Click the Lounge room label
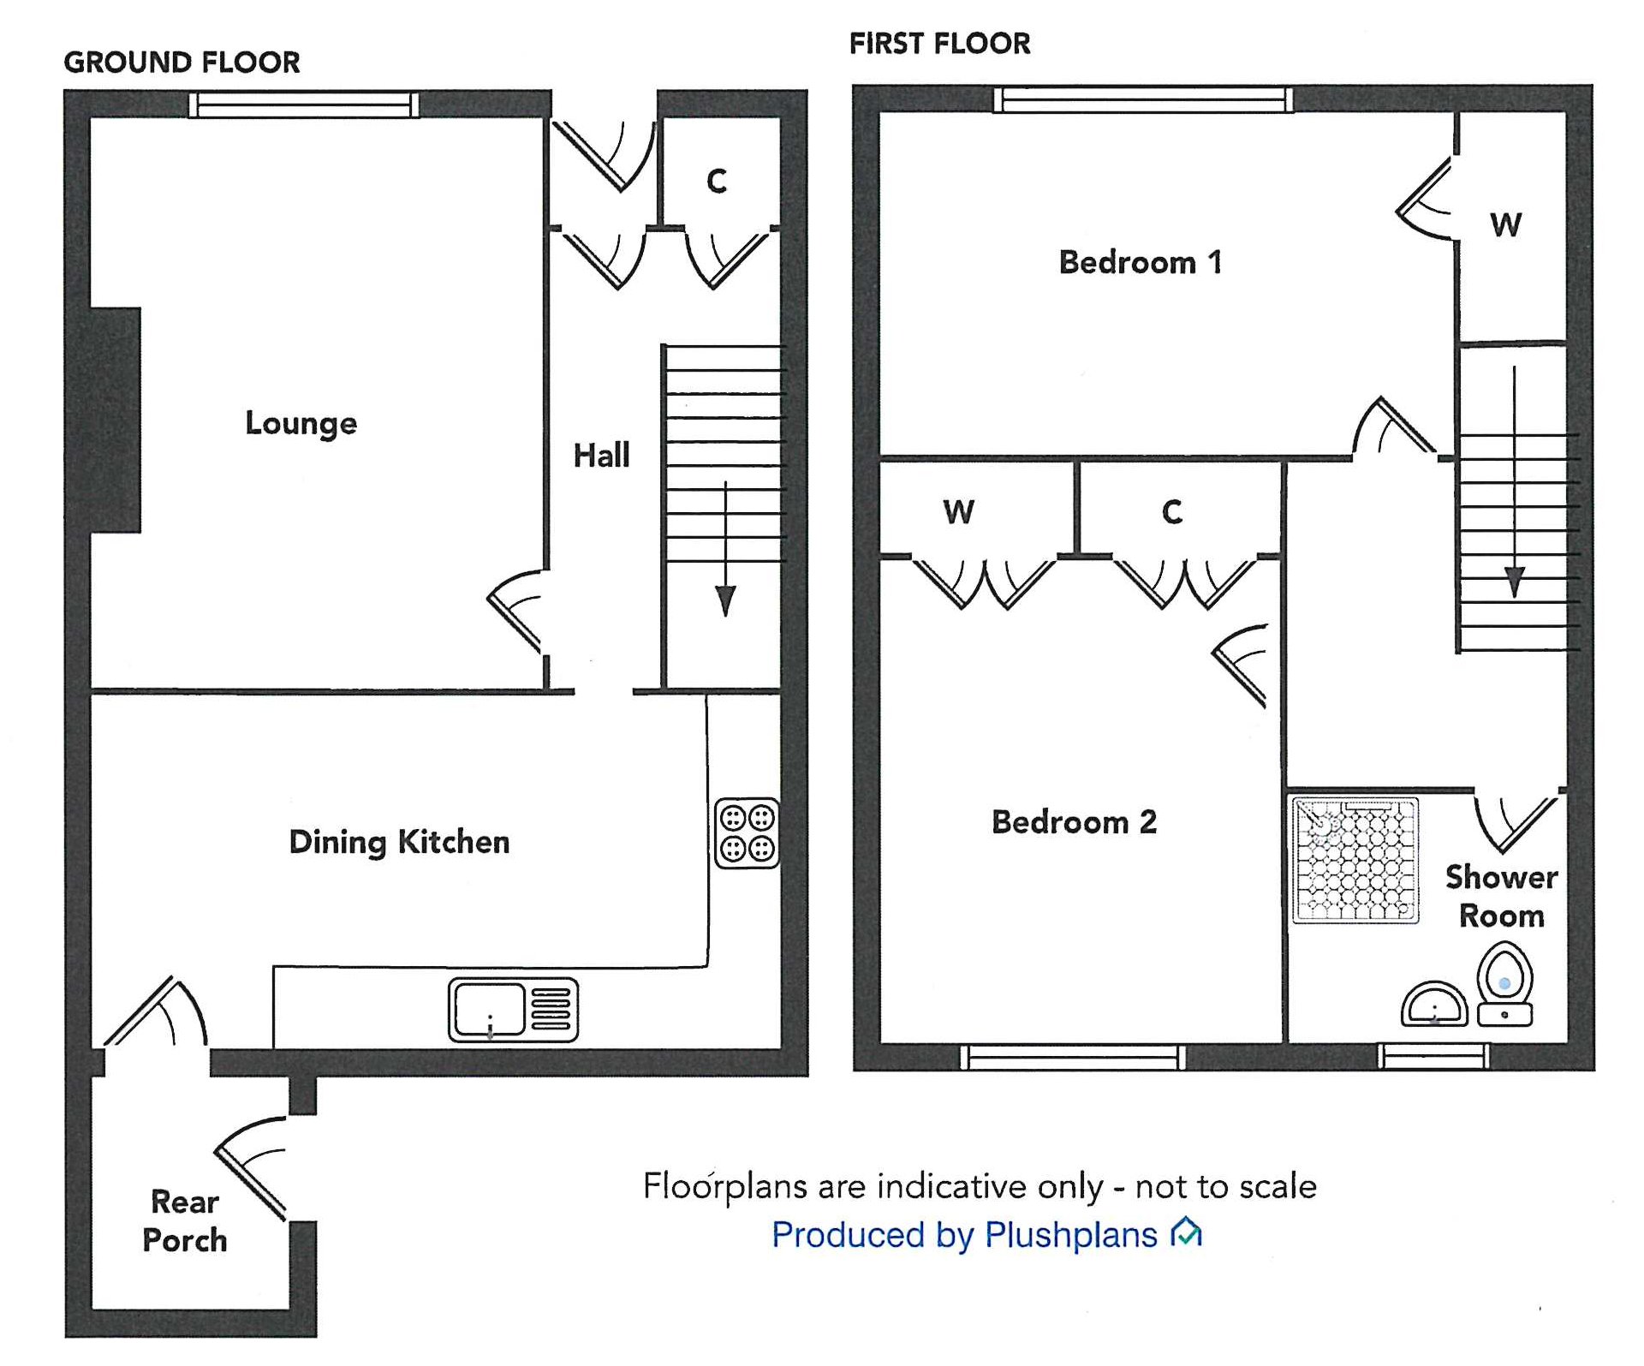coord(301,423)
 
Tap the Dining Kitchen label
coord(399,842)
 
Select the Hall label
coord(601,455)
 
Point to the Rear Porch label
coord(185,1220)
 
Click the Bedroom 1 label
coord(1140,262)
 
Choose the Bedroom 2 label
coord(1074,822)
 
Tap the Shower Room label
coord(1502,896)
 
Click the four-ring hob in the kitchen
coord(748,833)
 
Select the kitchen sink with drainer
coord(513,1010)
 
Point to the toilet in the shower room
coord(1504,984)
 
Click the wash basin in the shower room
coord(1434,1005)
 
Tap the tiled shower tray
coord(1355,860)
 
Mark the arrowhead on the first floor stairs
coord(1514,582)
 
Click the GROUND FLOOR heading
coord(182,63)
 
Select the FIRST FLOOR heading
coord(939,44)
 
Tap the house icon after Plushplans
coord(1187,1232)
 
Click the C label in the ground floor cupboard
coord(717,182)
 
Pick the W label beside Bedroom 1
coord(1506,225)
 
